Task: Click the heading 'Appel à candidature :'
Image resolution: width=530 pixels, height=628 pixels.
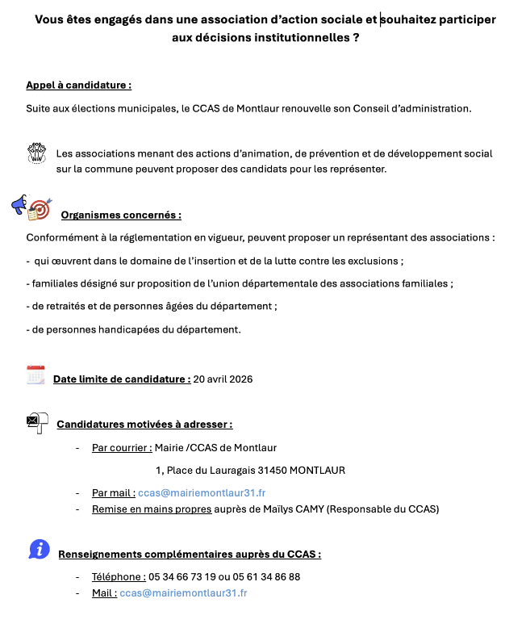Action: coord(78,85)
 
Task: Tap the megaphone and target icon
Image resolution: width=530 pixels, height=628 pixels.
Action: coord(32,207)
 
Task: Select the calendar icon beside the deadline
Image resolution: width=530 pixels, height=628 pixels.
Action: coord(35,375)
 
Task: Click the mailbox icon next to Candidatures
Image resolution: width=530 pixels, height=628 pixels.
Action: coord(37,422)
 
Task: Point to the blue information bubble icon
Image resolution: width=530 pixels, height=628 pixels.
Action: coord(39,549)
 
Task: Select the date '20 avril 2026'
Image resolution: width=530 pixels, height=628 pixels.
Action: coord(223,379)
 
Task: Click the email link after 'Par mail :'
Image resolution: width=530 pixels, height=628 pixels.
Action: coord(202,492)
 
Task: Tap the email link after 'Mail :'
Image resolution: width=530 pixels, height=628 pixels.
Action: coord(183,592)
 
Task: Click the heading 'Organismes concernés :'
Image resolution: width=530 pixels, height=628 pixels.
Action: coord(121,215)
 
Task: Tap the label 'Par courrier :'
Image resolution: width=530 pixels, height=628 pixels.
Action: coord(122,447)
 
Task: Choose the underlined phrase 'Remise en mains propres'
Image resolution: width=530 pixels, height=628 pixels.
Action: coord(152,509)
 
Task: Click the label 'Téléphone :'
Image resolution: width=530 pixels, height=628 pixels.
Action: coord(119,576)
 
